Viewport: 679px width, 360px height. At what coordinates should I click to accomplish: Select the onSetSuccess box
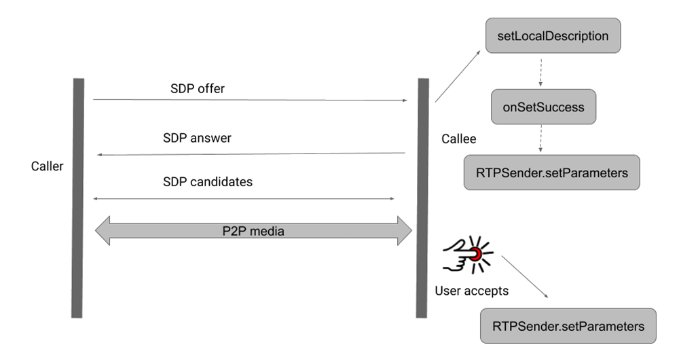tap(543, 107)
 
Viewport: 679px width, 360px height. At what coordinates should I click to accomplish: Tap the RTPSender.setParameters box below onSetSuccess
tap(551, 173)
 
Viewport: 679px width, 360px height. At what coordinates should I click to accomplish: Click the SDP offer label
tap(198, 90)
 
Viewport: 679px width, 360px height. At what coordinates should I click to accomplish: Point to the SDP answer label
tap(197, 138)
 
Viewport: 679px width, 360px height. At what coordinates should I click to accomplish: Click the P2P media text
tap(254, 231)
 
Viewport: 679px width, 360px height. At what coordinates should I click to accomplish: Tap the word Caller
tap(47, 166)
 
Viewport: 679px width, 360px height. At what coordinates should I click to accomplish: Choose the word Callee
tap(458, 139)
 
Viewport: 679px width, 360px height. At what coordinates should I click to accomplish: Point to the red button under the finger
tap(476, 253)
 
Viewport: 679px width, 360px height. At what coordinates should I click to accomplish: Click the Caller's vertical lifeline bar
tap(78, 197)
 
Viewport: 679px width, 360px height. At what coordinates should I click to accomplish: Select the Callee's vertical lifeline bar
tap(423, 197)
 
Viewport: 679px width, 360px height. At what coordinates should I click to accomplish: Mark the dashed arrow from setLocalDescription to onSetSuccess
tap(540, 71)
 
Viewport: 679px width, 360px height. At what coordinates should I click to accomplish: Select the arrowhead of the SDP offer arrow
tap(404, 101)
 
